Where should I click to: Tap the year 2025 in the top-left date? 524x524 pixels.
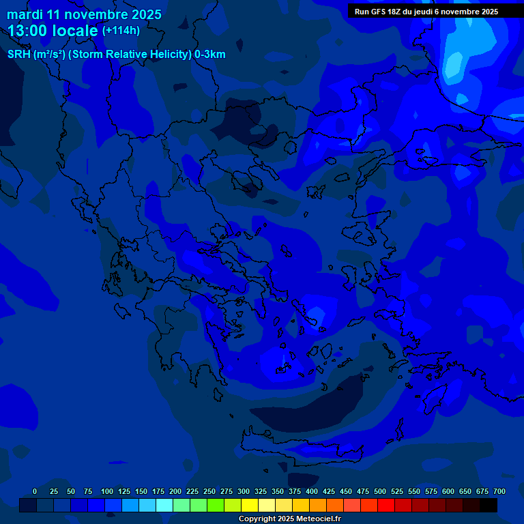[144, 14]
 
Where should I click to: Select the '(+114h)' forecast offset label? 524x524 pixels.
[121, 31]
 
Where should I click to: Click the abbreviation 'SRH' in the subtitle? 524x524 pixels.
[19, 55]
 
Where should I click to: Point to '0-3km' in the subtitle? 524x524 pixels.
[210, 55]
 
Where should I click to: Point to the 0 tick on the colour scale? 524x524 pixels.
[35, 491]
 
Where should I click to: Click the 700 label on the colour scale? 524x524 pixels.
[499, 491]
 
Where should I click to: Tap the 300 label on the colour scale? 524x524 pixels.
[244, 491]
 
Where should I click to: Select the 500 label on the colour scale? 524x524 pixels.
[380, 491]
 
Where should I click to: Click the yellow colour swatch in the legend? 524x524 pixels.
[250, 506]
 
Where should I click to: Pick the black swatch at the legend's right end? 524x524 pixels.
[489, 506]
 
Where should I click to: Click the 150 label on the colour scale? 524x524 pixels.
[141, 491]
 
